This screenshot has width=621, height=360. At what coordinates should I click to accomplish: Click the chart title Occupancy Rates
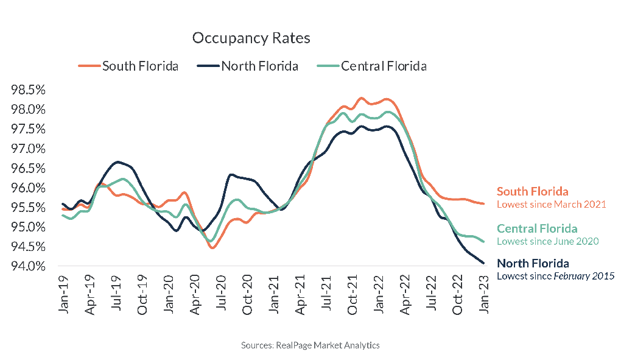(x=251, y=38)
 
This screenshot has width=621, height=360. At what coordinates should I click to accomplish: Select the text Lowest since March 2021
(x=551, y=204)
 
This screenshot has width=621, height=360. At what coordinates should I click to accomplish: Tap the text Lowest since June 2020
(x=547, y=241)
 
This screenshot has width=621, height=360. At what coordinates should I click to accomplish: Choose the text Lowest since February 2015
(x=555, y=276)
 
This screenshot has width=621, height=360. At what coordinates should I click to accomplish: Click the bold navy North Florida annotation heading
(x=533, y=264)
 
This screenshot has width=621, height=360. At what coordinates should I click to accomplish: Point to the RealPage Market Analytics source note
(x=310, y=345)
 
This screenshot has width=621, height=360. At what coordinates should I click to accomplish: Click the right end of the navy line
(x=483, y=263)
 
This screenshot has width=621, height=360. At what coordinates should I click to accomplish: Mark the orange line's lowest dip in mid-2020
(x=212, y=248)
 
